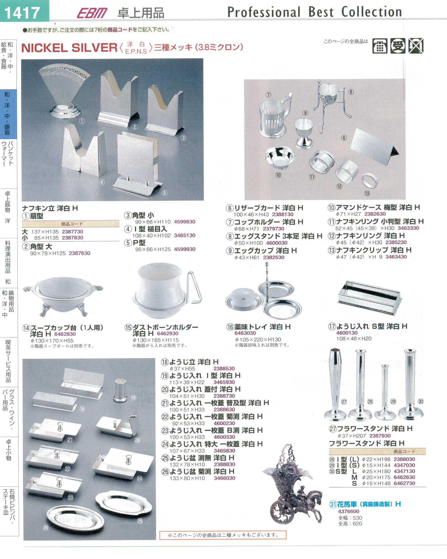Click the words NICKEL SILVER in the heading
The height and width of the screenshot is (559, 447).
[x=69, y=48]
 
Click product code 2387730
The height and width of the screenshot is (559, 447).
[x=73, y=232]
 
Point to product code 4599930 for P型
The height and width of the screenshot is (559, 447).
[x=185, y=249]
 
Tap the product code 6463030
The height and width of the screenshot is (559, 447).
[x=245, y=333]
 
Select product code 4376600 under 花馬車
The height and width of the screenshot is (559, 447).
[x=349, y=511]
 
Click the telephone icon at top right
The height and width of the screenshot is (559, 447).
[x=380, y=46]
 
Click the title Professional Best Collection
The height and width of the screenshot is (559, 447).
[x=315, y=12]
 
